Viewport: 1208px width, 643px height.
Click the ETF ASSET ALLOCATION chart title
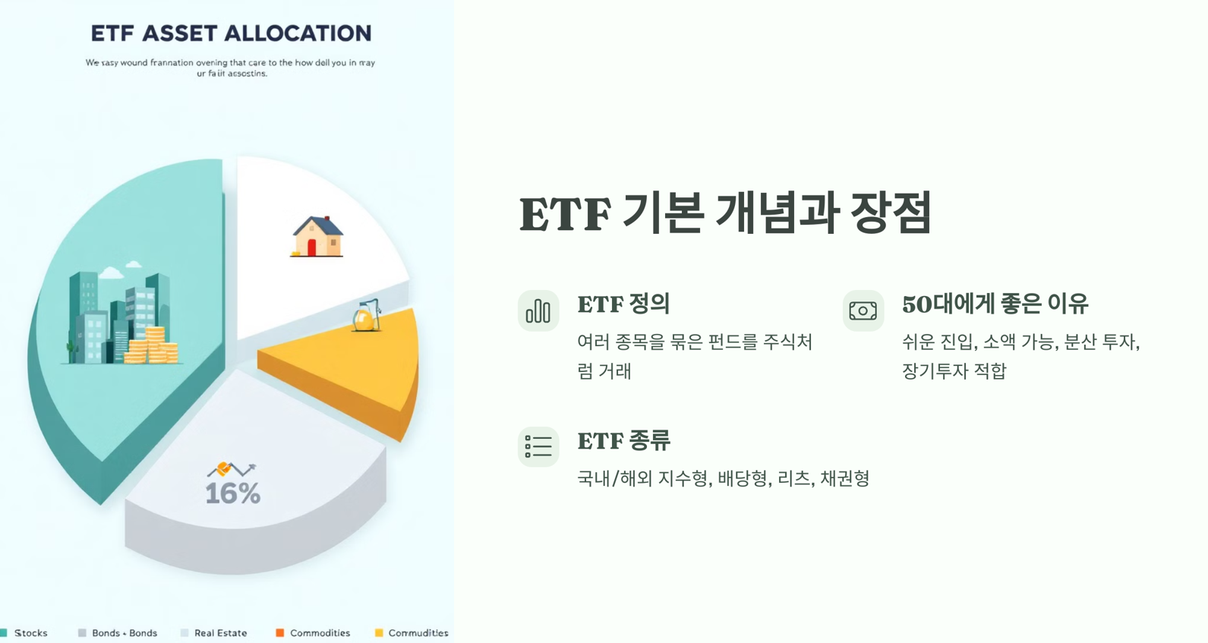231,33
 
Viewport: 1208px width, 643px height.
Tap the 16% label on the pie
232,493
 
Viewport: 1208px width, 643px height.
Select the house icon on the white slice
317,236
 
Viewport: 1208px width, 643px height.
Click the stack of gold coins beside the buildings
154,345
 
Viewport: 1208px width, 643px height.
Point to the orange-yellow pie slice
349,364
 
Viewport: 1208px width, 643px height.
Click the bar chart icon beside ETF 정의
538,311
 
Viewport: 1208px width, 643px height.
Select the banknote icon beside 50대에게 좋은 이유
863,311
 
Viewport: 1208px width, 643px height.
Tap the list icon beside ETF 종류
538,446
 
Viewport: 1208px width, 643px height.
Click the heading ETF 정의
623,304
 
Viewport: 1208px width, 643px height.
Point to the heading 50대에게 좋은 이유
995,304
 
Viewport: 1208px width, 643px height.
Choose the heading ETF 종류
623,441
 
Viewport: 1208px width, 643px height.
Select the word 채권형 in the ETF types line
844,478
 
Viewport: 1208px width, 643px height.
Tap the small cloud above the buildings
112,273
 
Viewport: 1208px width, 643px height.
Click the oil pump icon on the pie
367,316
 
